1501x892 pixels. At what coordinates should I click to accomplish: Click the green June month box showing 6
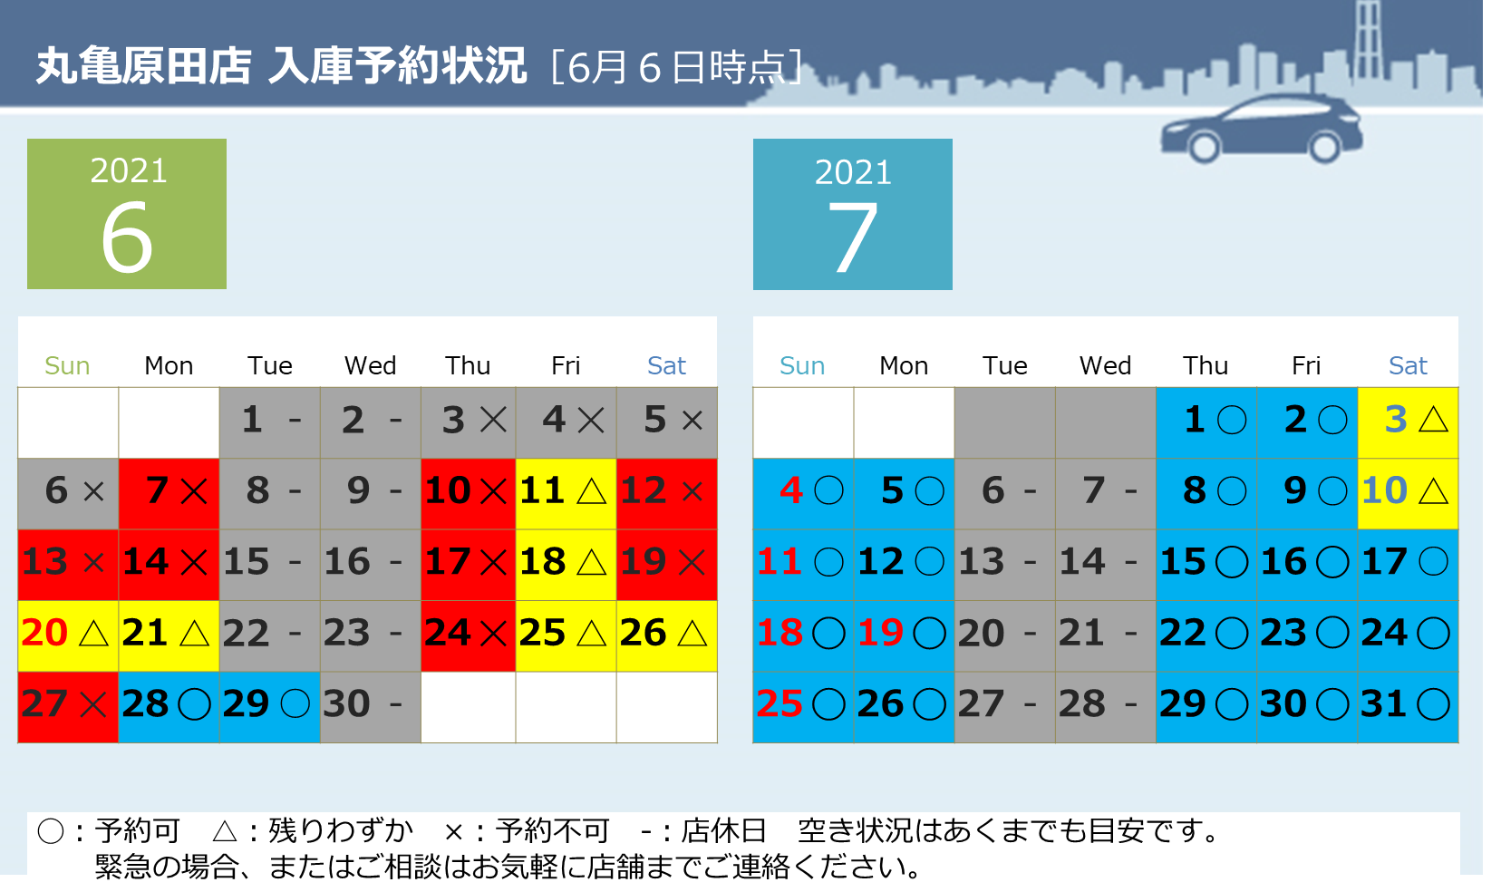coord(127,214)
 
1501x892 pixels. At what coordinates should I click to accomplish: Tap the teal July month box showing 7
coord(852,215)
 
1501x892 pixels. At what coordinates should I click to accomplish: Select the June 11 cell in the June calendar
coord(566,494)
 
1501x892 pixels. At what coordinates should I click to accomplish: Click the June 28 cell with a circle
coord(169,707)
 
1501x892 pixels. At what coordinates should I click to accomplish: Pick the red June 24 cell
coord(469,636)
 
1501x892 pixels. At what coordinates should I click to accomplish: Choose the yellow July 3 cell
coord(1408,422)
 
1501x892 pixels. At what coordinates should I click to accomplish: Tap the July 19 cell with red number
coord(904,636)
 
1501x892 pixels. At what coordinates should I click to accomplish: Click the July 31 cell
coord(1408,707)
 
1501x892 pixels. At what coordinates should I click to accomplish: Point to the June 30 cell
coord(371,707)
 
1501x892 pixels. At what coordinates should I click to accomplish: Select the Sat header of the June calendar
coord(666,365)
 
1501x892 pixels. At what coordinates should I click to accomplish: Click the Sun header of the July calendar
coord(801,365)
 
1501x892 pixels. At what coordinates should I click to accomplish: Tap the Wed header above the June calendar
coord(370,365)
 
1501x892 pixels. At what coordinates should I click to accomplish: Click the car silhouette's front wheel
coord(1204,147)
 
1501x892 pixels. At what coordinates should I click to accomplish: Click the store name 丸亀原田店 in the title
coord(143,66)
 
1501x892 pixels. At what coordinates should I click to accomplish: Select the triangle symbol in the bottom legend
coord(225,831)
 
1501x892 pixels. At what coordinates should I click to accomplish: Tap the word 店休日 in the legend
coord(723,831)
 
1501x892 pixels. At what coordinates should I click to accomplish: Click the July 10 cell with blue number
coord(1408,494)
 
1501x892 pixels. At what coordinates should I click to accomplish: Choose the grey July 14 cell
coord(1106,565)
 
